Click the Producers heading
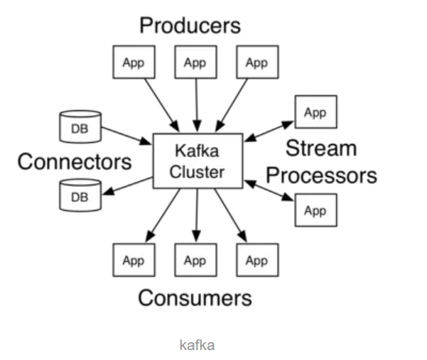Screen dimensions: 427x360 tap(190, 26)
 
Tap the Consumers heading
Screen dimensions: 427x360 tap(195, 298)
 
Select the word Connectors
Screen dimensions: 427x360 tap(75, 162)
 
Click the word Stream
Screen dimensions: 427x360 tap(321, 148)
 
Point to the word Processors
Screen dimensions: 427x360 tap(322, 176)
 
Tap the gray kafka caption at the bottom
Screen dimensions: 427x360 tap(198, 345)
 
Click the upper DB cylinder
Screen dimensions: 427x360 tap(80, 126)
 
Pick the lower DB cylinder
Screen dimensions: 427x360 tap(80, 195)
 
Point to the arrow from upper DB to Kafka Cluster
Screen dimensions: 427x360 tap(126, 136)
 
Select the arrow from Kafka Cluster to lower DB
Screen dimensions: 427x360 tap(127, 186)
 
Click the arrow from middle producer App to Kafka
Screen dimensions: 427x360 tap(197, 105)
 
